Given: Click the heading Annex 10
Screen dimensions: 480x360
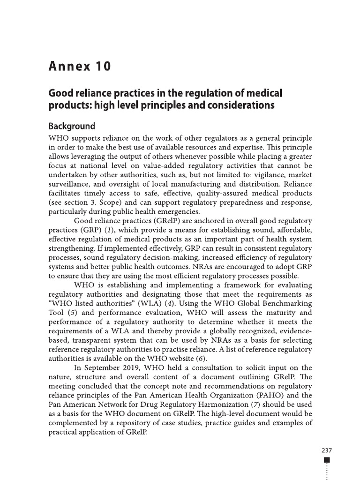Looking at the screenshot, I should click(x=80, y=66).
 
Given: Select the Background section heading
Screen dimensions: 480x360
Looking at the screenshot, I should click(x=72, y=126).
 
